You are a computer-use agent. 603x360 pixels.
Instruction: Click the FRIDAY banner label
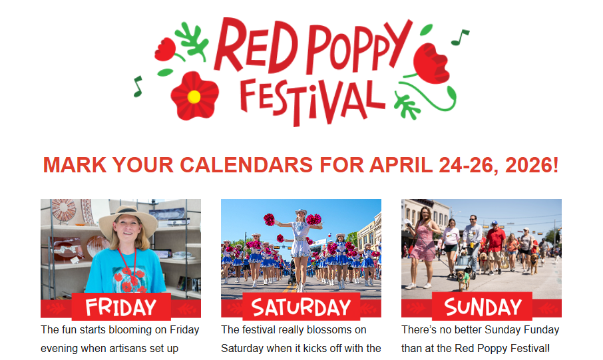point(120,307)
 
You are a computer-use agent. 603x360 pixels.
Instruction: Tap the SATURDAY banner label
point(301,307)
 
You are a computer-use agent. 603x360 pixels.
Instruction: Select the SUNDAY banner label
point(483,307)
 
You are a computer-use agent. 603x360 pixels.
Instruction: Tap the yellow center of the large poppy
point(194,96)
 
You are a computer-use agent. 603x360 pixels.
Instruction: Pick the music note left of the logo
point(138,86)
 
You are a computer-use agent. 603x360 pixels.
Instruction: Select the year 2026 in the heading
point(526,165)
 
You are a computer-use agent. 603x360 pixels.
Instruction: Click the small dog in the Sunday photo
point(463,280)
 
